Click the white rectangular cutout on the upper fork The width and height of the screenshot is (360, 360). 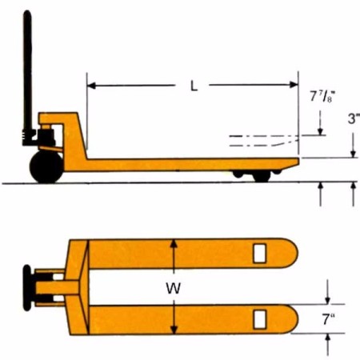pos(258,253)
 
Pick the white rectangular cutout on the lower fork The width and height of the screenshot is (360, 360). pos(258,319)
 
